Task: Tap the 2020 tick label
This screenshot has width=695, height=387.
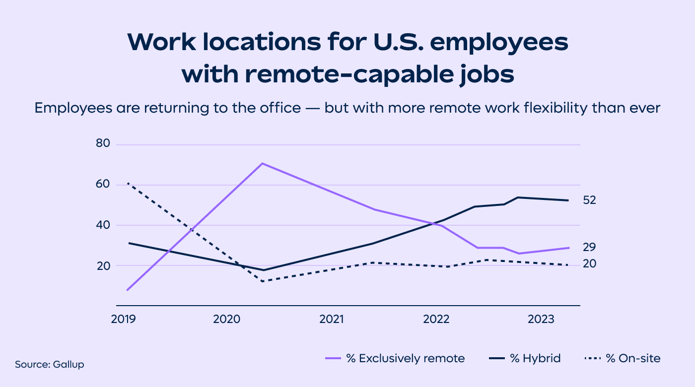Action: pos(227,319)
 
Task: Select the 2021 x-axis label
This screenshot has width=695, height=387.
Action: pos(332,319)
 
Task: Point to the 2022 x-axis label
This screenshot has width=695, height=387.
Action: pos(436,319)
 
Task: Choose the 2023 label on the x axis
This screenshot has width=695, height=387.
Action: pos(541,319)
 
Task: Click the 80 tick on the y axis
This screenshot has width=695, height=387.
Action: pos(103,144)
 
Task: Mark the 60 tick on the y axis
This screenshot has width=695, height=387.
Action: pos(103,185)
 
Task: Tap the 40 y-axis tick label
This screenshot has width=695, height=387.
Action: pos(103,225)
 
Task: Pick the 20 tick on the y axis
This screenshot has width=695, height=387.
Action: pos(103,265)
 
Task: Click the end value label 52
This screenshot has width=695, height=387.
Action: pos(590,200)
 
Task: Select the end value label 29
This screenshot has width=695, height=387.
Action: pos(590,248)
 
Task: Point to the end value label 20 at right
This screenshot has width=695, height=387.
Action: pos(590,264)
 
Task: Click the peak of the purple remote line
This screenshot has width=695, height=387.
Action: pos(262,163)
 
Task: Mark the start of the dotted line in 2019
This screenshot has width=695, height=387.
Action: pos(128,183)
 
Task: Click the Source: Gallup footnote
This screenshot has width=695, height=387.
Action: pos(50,365)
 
